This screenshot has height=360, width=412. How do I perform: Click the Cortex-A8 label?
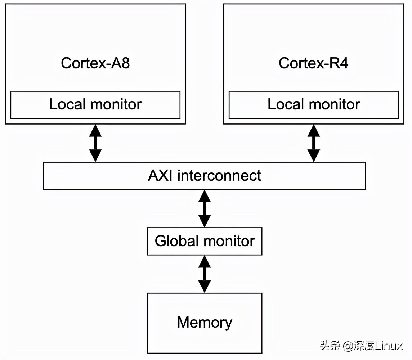click(x=95, y=63)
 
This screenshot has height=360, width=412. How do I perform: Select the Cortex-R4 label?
click(x=313, y=63)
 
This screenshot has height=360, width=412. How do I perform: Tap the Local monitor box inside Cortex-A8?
click(x=95, y=105)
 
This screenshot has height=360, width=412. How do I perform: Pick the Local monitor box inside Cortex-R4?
click(x=313, y=105)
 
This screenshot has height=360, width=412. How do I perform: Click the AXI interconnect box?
click(x=204, y=176)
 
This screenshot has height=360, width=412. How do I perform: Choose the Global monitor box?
click(x=204, y=241)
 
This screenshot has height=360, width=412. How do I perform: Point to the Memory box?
click(x=204, y=323)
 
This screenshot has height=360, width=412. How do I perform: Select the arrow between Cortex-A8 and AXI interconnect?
click(x=95, y=143)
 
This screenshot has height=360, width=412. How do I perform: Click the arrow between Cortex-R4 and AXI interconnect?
click(x=314, y=143)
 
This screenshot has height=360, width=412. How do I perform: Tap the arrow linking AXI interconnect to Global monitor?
click(x=205, y=208)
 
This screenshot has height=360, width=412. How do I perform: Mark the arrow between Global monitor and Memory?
click(x=205, y=274)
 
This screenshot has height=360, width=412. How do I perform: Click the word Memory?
click(x=204, y=323)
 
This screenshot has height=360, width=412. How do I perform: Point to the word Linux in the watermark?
click(x=389, y=346)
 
